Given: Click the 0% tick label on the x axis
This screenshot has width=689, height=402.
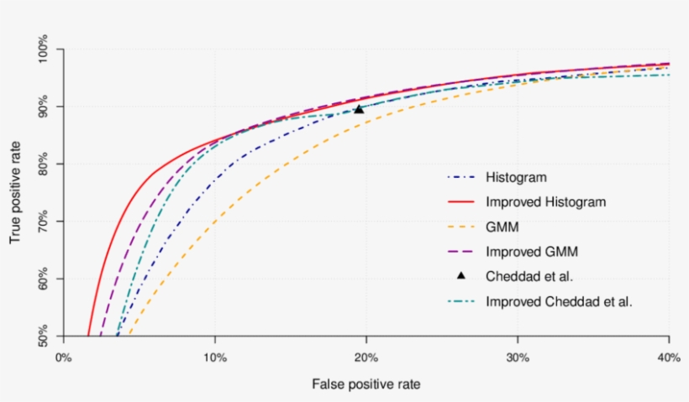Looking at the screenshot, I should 63,357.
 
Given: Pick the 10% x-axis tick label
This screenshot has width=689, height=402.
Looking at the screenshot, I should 215,357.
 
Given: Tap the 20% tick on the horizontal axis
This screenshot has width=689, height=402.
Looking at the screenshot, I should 366,357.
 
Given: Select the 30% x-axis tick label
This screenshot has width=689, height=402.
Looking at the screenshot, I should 518,357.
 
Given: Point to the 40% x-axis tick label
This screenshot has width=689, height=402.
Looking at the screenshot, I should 669,357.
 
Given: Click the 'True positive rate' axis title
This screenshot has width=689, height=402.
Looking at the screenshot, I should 16,193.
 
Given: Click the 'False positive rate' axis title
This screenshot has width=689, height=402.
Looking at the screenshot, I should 366,384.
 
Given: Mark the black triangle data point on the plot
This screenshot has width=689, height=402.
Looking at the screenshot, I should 359,108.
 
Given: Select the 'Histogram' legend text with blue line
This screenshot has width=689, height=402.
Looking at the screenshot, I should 516,178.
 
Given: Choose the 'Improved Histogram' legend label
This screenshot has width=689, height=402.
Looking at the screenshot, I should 545,202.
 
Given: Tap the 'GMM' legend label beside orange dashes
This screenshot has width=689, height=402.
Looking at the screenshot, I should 501,227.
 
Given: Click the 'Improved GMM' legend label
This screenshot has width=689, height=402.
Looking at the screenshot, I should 531,251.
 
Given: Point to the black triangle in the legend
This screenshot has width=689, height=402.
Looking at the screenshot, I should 460,275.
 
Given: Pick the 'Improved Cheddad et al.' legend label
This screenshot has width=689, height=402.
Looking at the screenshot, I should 558,300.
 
